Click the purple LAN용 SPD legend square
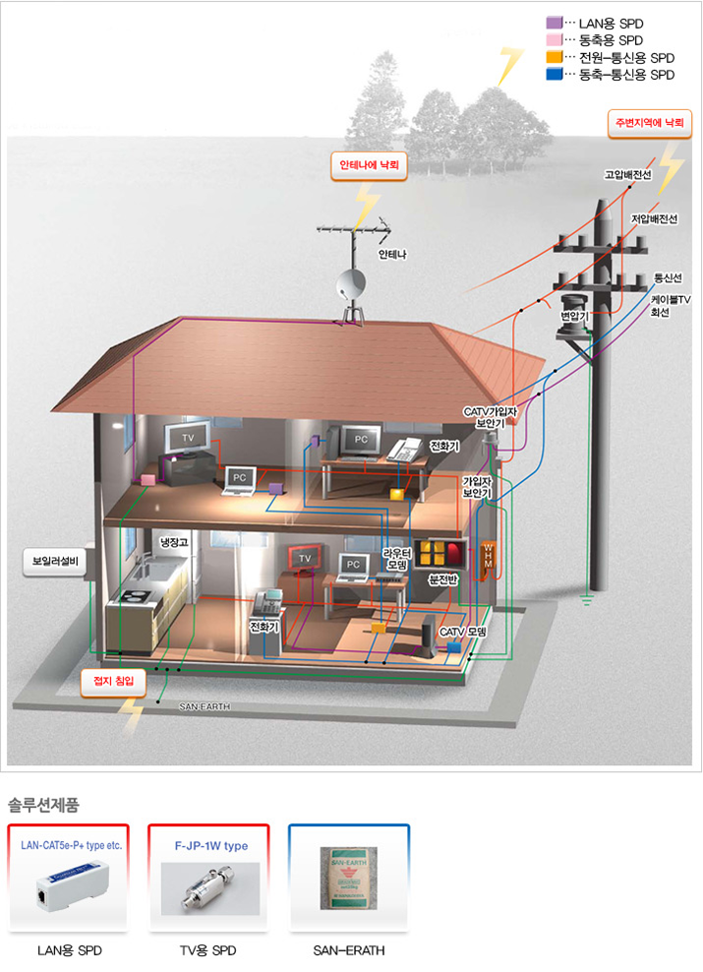pyautogui.click(x=554, y=22)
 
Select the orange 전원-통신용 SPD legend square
pyautogui.click(x=554, y=57)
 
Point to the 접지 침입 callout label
pyautogui.click(x=113, y=680)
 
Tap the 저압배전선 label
pyautogui.click(x=654, y=217)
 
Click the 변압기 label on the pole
pyautogui.click(x=573, y=316)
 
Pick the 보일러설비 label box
pyautogui.click(x=57, y=562)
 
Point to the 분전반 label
pyautogui.click(x=444, y=579)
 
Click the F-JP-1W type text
pyautogui.click(x=210, y=845)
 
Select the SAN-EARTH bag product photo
pyautogui.click(x=348, y=879)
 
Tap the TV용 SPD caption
pyautogui.click(x=210, y=950)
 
